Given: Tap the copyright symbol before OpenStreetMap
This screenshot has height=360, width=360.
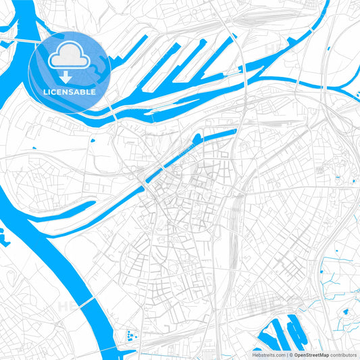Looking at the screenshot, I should [292, 354].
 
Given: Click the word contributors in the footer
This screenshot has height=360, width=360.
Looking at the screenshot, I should [343, 354].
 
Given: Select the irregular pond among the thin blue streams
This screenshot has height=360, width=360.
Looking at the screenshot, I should [346, 313].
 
